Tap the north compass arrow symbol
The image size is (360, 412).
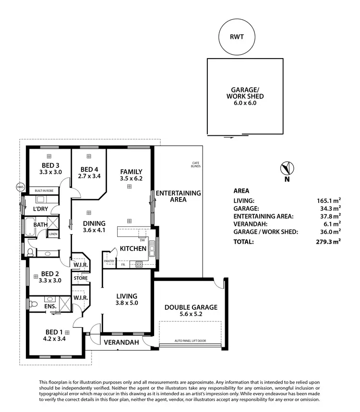tap(287, 169)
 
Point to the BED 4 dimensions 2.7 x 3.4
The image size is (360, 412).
tap(89, 176)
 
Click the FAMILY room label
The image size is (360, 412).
tap(131, 172)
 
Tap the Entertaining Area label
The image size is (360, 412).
tap(178, 196)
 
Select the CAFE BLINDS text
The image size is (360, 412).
tap(195, 165)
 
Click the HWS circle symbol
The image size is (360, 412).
tap(20, 187)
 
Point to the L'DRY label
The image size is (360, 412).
tap(41, 210)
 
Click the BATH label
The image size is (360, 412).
tap(40, 224)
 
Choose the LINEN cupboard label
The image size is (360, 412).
tap(53, 234)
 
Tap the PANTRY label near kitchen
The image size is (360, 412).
tap(109, 261)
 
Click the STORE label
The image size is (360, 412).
tap(80, 278)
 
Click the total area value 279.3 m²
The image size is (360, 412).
tap(328, 242)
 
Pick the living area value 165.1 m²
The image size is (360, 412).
tap(328, 201)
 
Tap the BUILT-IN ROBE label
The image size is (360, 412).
tap(44, 191)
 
